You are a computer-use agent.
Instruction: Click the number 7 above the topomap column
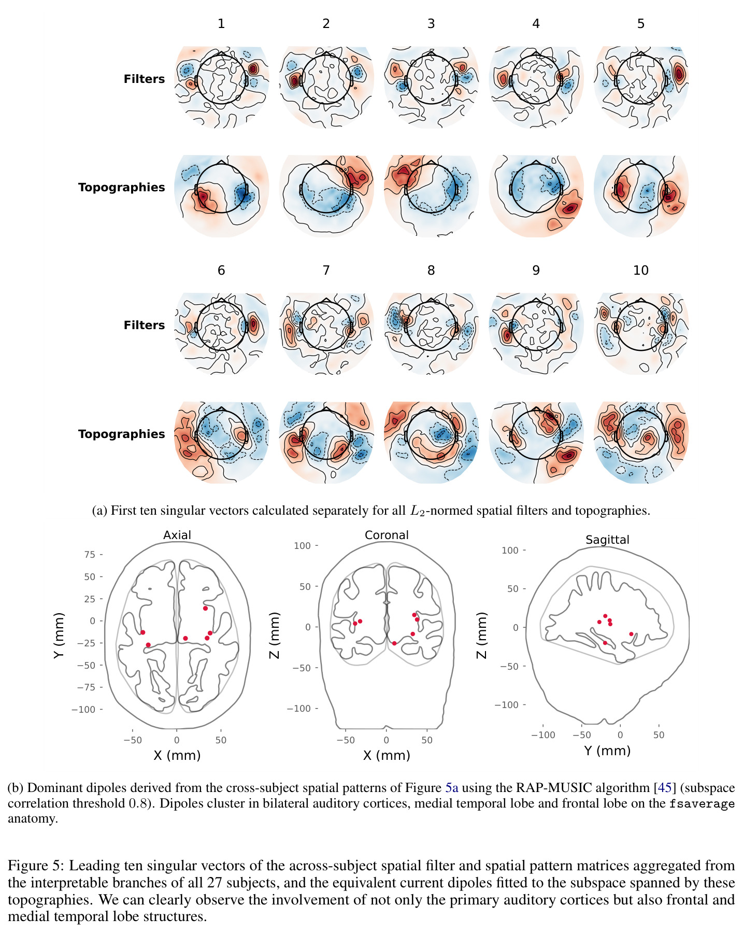pos(326,270)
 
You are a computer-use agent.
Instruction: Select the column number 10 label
pos(641,270)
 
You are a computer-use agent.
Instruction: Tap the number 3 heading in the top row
pos(431,23)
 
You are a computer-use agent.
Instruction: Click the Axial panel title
pos(177,535)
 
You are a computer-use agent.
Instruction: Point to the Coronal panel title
pos(387,535)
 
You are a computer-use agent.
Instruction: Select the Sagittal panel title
pos(607,540)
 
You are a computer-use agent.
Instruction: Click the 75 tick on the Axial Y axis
pos(90,555)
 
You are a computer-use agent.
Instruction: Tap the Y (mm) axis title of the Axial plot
pos(59,635)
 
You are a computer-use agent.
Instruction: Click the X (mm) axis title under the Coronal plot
pos(387,755)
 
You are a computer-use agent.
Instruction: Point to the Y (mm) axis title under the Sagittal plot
pos(607,751)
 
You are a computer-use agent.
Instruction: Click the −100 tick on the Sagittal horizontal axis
pos(543,735)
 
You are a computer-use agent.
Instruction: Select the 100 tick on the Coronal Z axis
pos(302,546)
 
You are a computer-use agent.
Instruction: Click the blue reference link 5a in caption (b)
pos(452,788)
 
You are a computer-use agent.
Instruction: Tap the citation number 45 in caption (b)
pos(665,788)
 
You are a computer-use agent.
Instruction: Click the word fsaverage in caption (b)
pos(702,804)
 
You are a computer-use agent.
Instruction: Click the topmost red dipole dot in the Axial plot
pos(205,609)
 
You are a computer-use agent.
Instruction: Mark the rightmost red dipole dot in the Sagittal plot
pos(631,634)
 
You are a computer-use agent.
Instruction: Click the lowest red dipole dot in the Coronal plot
pos(394,643)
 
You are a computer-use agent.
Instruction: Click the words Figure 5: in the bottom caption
pos(36,866)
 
